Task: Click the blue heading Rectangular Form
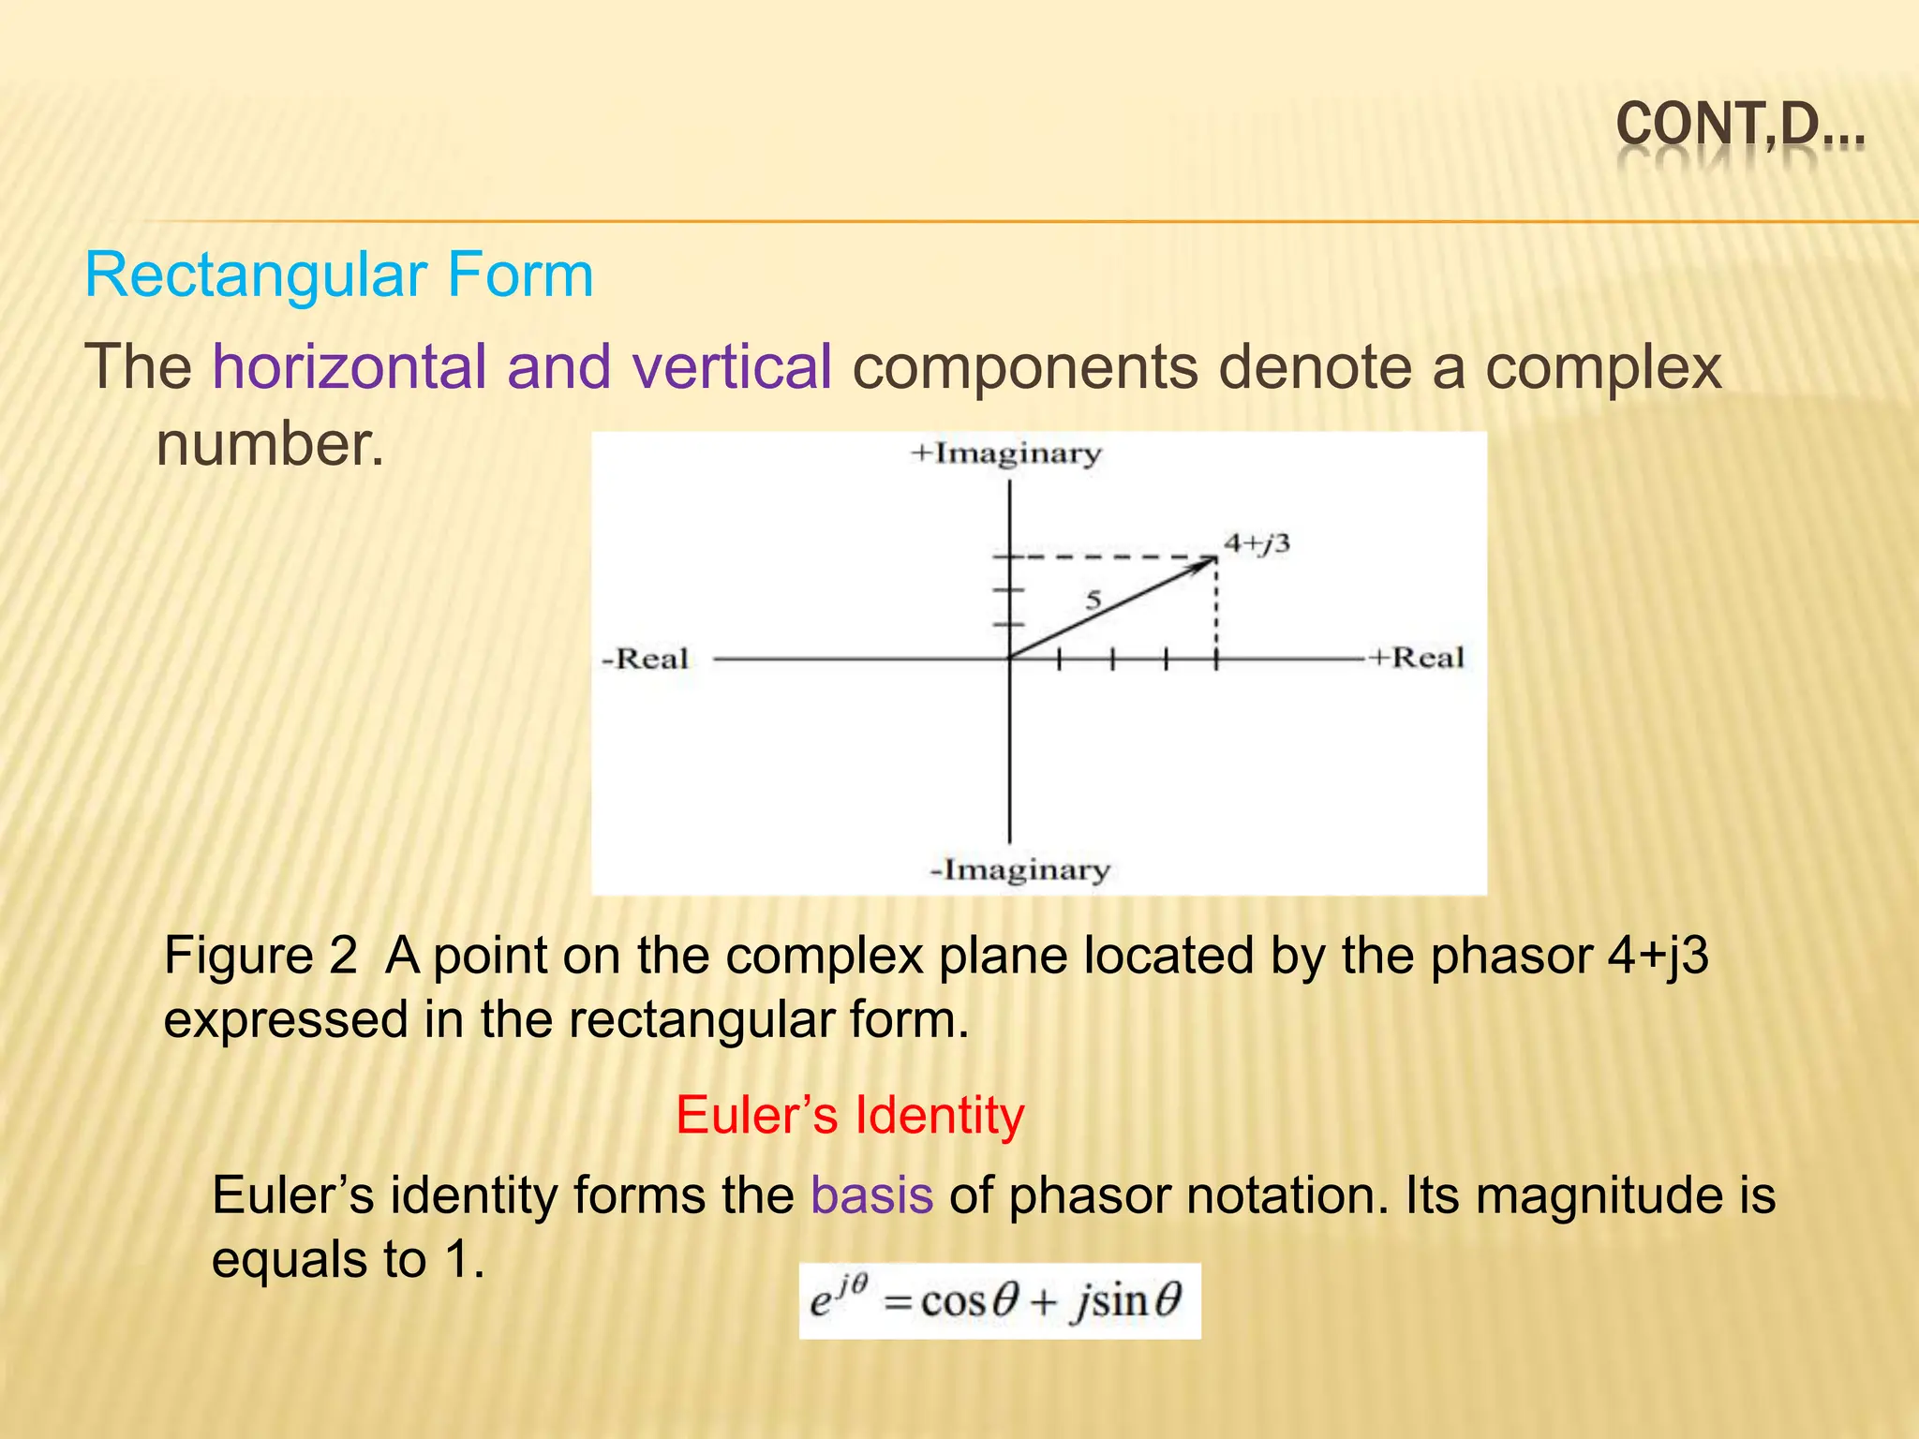339,275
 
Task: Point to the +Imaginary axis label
1006,454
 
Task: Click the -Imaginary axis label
1019,870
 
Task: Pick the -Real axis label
645,659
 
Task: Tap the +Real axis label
1416,658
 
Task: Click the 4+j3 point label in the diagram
1257,542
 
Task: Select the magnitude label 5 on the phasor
1093,600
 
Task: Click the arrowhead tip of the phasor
1213,559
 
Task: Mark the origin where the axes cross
1009,659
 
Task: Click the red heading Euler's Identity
850,1116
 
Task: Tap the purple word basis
871,1195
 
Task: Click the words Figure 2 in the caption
260,957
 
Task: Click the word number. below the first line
270,443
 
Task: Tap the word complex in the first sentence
1603,366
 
